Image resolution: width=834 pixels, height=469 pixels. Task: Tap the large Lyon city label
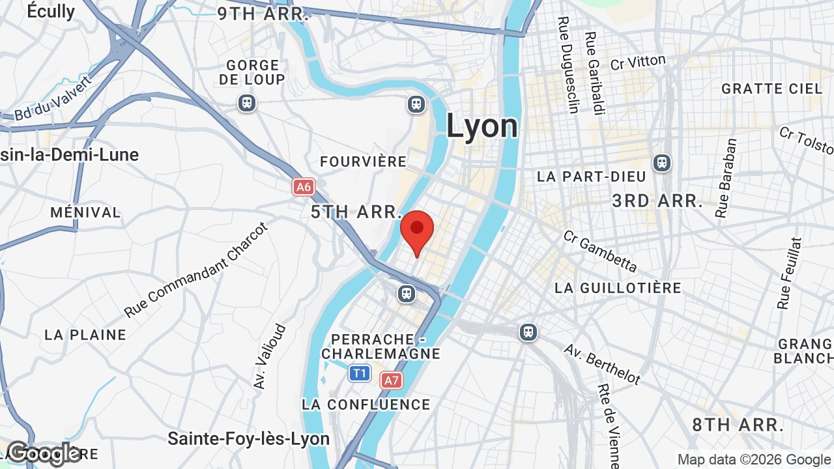point(482,126)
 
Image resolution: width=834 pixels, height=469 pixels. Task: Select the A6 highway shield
point(304,188)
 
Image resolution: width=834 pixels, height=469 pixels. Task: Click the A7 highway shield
point(391,380)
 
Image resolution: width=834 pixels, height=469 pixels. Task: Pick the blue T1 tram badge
point(360,373)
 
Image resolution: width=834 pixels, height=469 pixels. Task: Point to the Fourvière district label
point(364,162)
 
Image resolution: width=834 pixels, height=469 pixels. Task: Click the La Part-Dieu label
point(592,177)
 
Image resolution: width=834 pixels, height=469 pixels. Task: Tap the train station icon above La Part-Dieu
point(662,162)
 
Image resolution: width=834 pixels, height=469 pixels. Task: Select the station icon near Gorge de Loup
point(246,103)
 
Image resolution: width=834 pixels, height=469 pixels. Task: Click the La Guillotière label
point(618,288)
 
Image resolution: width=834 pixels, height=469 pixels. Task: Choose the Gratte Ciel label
point(772,89)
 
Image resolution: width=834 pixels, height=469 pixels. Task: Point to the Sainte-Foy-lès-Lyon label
point(248,438)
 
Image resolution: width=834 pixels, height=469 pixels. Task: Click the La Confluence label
point(366,405)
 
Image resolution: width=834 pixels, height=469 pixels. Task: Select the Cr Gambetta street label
point(600,251)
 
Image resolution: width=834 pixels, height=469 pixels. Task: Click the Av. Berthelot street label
point(602,363)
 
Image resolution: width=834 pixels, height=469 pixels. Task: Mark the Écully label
point(51,11)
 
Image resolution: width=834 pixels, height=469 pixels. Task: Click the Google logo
point(43,453)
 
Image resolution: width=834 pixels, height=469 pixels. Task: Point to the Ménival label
point(85,212)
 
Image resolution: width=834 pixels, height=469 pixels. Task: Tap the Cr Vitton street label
point(638,63)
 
